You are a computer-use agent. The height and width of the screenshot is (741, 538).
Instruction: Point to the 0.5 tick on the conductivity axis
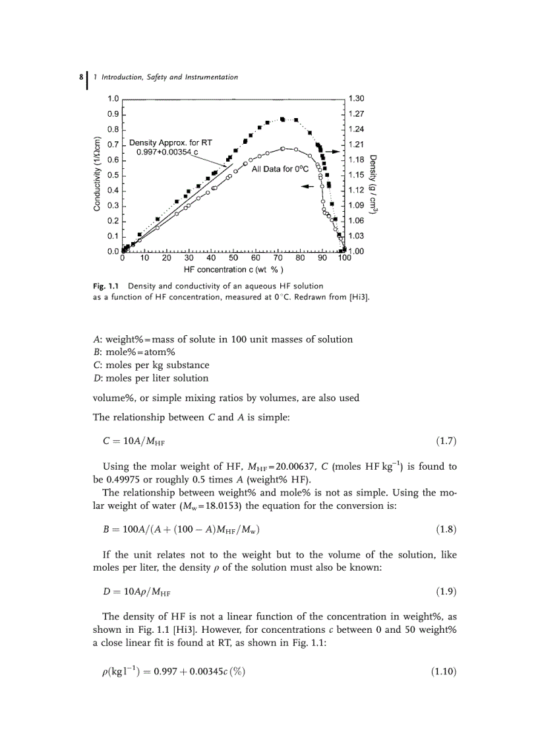[113, 175]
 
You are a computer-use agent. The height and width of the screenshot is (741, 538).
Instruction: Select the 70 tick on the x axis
[278, 258]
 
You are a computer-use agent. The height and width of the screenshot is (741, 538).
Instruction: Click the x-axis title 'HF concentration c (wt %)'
[233, 269]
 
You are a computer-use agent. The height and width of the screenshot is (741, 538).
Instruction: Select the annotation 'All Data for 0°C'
[280, 169]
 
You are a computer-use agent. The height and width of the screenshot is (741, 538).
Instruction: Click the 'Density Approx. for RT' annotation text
[171, 143]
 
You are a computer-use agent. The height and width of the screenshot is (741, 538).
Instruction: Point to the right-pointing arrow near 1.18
[333, 151]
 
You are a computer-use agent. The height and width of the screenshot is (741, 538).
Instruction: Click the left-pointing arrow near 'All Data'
[307, 185]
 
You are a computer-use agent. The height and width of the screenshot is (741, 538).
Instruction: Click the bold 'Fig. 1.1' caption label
[107, 286]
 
